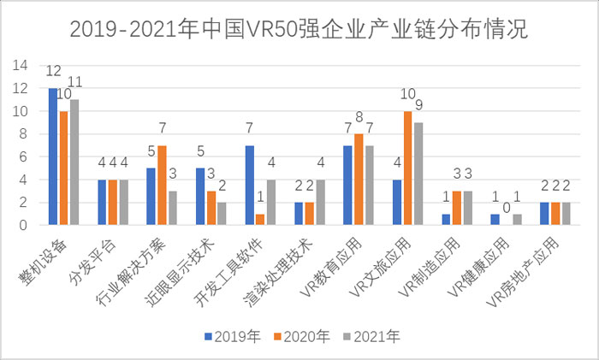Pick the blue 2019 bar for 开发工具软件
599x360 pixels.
[x=249, y=185]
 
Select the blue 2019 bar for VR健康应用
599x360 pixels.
[x=495, y=220]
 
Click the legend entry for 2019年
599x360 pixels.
[x=227, y=337]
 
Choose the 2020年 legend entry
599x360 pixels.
[x=301, y=337]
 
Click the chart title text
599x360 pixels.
[x=299, y=29]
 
